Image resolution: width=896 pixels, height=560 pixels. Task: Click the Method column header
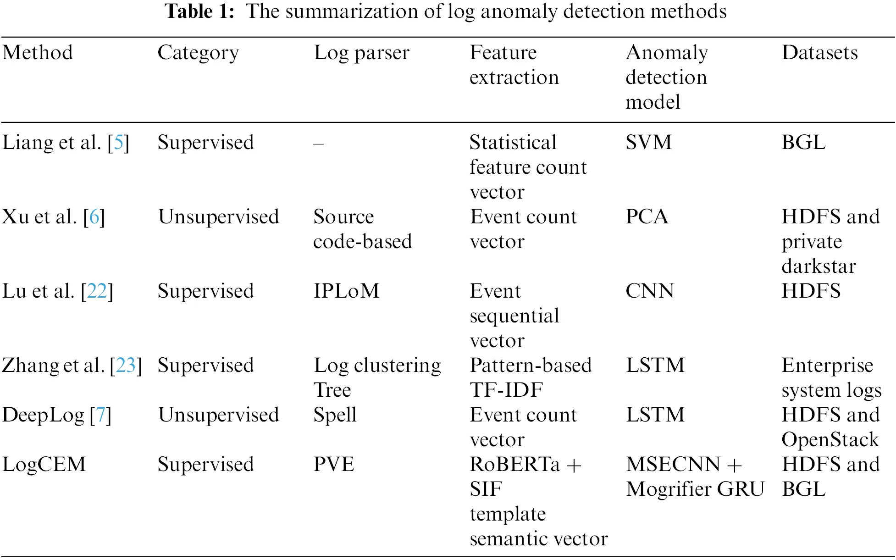click(x=38, y=52)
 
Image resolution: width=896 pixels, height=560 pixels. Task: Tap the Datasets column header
click(x=819, y=52)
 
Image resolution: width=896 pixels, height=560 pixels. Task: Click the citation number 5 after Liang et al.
click(x=118, y=143)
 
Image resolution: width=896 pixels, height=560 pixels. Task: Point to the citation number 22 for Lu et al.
click(x=97, y=291)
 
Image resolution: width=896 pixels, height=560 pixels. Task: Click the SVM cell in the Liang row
click(x=648, y=143)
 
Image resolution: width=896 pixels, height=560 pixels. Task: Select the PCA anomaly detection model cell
click(x=647, y=217)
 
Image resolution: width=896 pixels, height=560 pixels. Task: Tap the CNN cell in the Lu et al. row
click(x=650, y=291)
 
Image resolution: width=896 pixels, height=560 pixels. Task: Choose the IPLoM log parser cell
click(x=346, y=291)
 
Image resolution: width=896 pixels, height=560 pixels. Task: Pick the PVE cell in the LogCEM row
click(x=334, y=465)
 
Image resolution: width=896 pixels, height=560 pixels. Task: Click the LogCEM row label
click(x=44, y=465)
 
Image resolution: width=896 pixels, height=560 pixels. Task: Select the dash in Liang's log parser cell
click(x=319, y=144)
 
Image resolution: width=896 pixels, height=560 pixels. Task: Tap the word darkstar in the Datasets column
click(x=819, y=266)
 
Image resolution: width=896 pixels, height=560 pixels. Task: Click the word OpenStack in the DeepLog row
click(x=830, y=440)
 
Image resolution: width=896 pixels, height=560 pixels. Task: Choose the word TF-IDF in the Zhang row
click(x=506, y=390)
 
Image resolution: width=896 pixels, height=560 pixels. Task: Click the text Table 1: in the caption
click(x=199, y=11)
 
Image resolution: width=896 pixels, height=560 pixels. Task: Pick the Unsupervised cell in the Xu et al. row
click(x=218, y=217)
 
